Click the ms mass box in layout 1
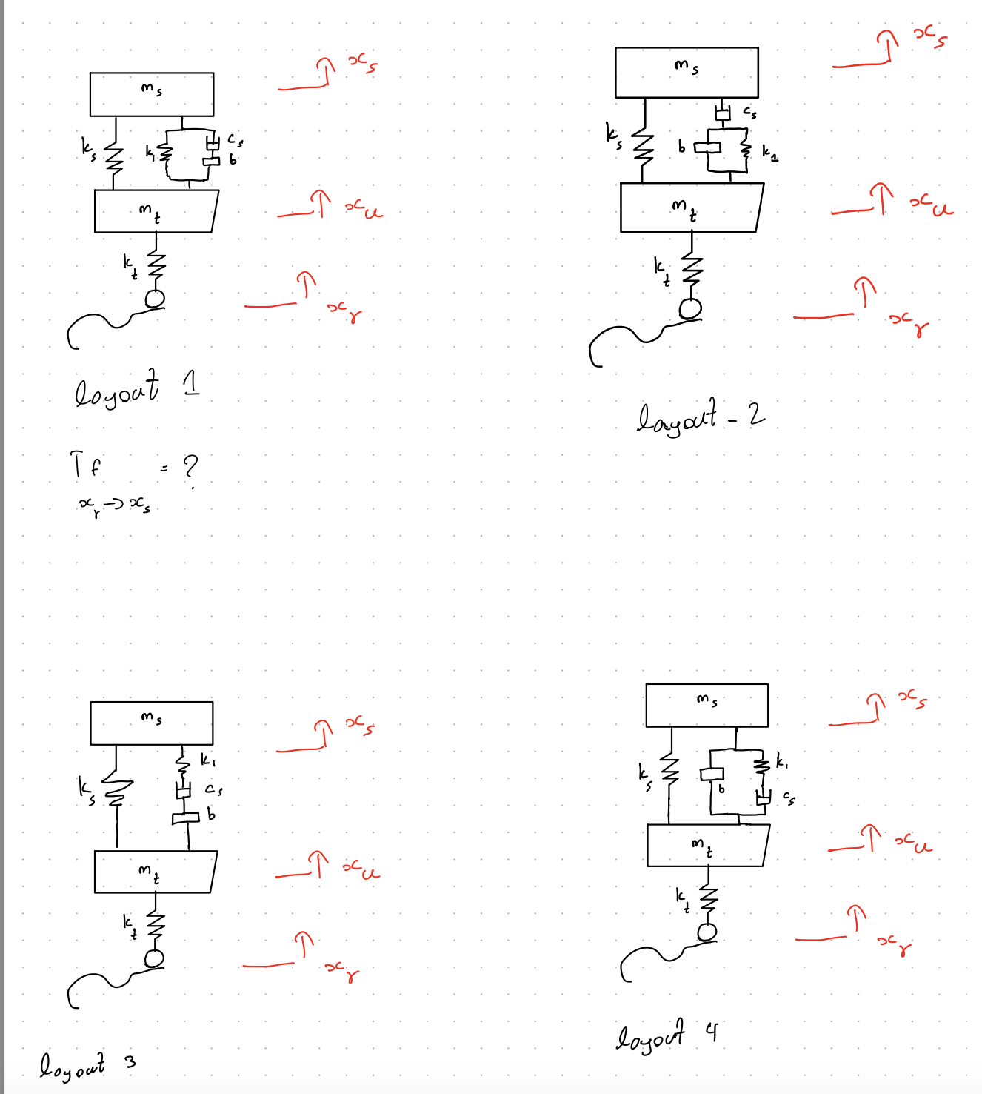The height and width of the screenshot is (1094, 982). (x=152, y=95)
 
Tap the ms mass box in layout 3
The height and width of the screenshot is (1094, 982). (x=152, y=723)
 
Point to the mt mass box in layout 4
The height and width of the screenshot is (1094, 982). (x=707, y=846)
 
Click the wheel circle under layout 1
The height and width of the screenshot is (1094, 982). (x=155, y=299)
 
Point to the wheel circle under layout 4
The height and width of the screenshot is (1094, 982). (x=707, y=932)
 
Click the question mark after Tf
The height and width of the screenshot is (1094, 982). (x=190, y=468)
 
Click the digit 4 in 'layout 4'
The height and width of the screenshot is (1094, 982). (x=712, y=1031)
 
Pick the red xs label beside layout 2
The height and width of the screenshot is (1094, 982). (x=929, y=36)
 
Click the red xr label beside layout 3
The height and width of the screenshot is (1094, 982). (x=342, y=969)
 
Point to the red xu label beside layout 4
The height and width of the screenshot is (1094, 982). (x=913, y=842)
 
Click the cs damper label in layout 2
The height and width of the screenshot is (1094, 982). (x=749, y=113)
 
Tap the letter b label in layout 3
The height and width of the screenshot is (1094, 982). (x=211, y=815)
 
